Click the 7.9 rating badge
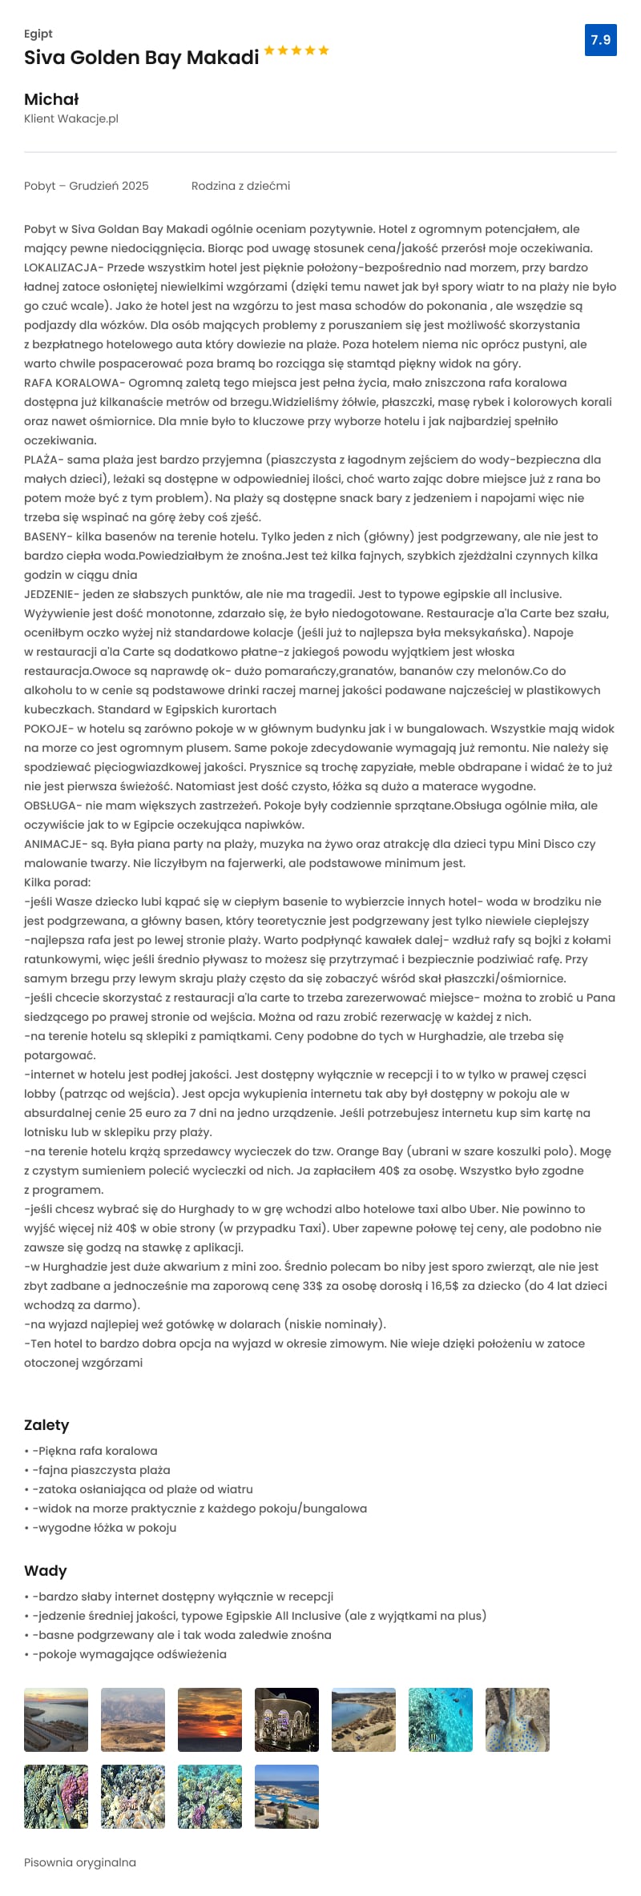600,40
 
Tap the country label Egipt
38,34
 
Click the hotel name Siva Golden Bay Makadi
142,58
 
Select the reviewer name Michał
51,99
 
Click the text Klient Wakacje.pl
71,118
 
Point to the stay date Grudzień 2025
109,186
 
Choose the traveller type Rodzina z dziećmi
240,186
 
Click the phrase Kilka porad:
58,882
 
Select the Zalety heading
46,1424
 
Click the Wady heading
46,1571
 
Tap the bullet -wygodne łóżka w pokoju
104,1528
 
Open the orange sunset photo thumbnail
210,1720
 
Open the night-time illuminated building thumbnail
287,1720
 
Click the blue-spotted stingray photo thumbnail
518,1720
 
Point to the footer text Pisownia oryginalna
80,1862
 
